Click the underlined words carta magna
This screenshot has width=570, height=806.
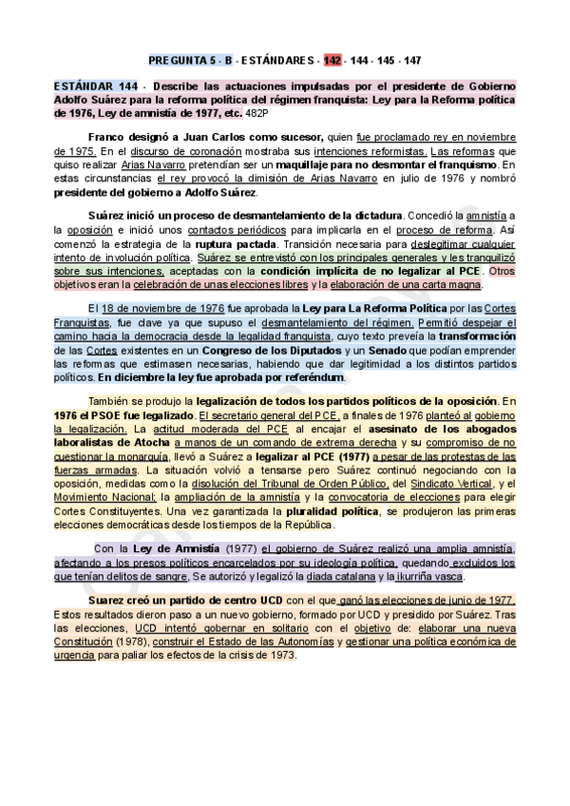(459, 284)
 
